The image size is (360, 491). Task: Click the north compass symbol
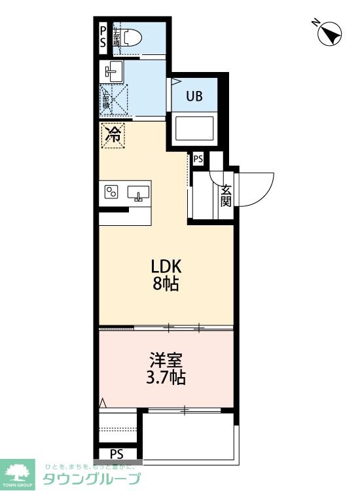329,33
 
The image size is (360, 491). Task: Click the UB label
194,96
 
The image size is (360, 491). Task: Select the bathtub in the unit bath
194,130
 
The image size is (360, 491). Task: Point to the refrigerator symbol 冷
113,136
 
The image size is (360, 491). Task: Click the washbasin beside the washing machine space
111,70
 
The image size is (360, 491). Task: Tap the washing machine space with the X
113,100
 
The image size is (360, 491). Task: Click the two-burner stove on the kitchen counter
111,192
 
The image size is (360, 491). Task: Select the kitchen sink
138,192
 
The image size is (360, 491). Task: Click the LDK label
166,267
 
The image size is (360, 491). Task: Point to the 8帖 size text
166,284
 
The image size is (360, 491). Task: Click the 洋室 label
166,360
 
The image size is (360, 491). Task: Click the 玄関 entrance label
226,194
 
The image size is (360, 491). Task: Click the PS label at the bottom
117,454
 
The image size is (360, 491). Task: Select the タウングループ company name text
92,479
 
